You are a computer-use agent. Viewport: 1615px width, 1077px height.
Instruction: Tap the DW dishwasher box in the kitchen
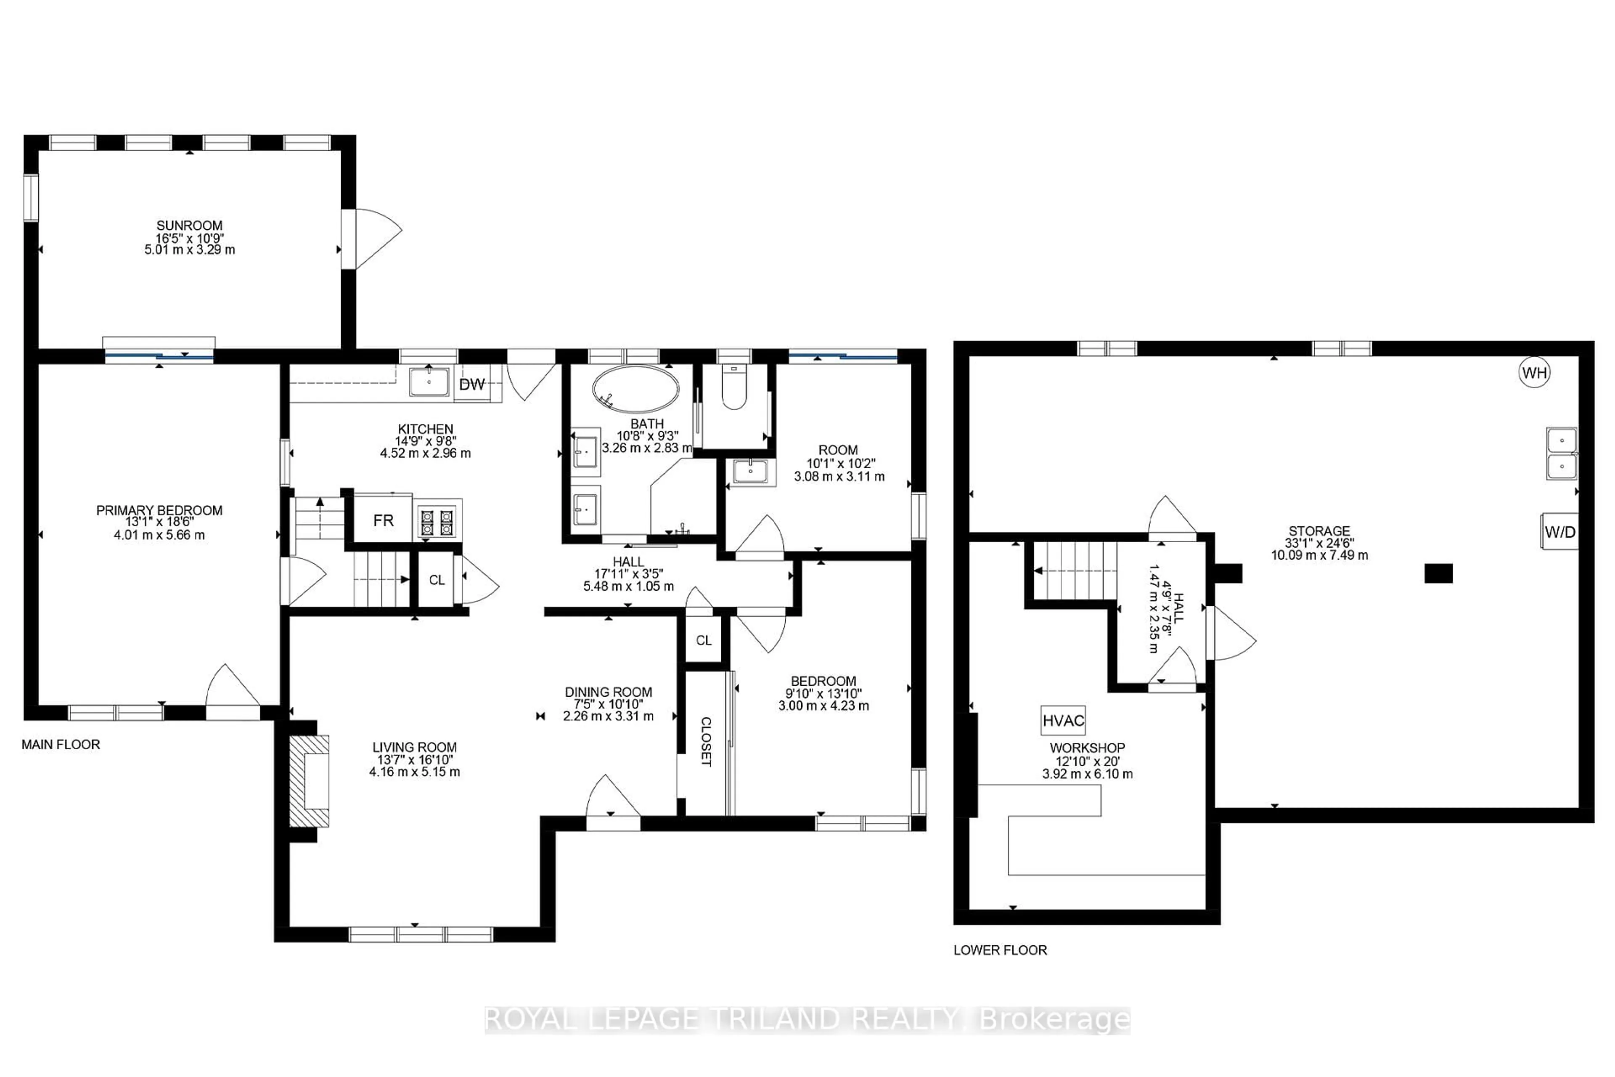click(472, 384)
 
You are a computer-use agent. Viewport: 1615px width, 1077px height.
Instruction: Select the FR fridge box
click(383, 520)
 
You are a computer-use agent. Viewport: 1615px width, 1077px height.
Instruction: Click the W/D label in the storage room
click(1559, 532)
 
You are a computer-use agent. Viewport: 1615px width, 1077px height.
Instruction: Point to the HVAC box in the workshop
click(1063, 721)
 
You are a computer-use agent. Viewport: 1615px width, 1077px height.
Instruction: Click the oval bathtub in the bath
click(636, 389)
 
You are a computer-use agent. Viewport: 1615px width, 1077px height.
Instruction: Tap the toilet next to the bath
click(734, 388)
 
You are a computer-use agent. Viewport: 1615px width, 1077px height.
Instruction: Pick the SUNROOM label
click(190, 225)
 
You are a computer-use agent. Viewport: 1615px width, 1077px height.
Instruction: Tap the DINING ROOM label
click(609, 692)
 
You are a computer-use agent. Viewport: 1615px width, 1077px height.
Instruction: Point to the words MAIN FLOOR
click(61, 745)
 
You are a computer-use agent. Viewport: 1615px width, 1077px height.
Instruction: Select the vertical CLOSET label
click(705, 742)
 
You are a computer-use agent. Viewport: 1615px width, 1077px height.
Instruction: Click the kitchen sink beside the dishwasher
click(429, 382)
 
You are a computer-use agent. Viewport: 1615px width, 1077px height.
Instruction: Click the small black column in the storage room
click(1438, 573)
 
